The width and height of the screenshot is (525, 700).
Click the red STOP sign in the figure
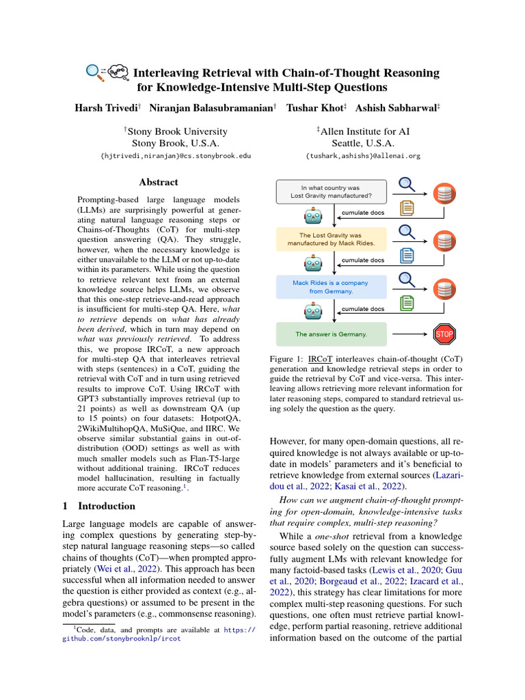[x=444, y=334]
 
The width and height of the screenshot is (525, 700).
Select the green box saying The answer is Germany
[x=332, y=334]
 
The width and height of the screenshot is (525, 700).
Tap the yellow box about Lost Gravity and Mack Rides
[x=332, y=239]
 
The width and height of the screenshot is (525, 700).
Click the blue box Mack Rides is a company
[x=332, y=286]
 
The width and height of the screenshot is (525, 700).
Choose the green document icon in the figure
[x=407, y=303]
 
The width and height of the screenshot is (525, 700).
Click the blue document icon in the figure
[x=407, y=256]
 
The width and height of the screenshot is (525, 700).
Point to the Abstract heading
[x=159, y=183]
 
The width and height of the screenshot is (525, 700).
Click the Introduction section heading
[x=96, y=507]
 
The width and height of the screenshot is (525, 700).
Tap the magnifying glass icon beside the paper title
[x=95, y=71]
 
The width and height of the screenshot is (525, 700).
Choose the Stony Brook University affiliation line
[x=176, y=131]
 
